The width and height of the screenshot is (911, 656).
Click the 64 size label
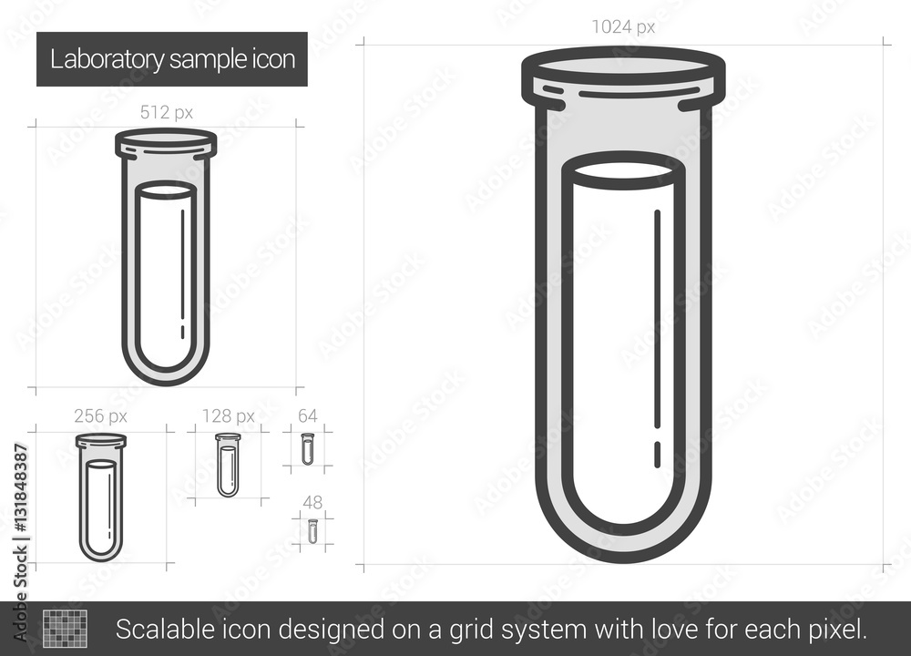(x=307, y=416)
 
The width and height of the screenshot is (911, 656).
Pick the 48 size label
(x=312, y=502)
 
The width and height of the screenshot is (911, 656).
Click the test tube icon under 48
(x=312, y=531)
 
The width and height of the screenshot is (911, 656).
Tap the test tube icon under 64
(x=307, y=449)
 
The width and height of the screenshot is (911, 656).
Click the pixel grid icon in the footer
(x=65, y=628)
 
